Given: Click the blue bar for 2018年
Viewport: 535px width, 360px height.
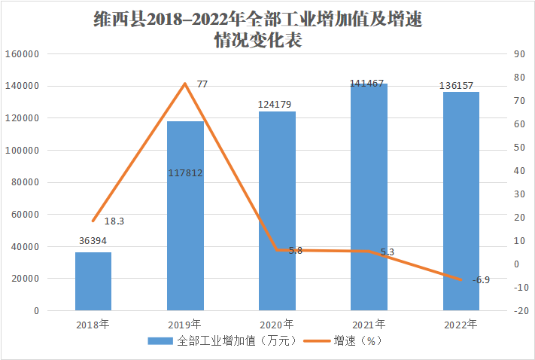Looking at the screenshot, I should click(x=93, y=281).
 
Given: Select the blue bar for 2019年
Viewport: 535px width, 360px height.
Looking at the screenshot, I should click(x=185, y=218).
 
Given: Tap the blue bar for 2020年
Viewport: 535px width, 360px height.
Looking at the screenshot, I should click(x=277, y=211).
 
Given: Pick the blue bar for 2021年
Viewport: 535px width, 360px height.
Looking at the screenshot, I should click(x=369, y=197).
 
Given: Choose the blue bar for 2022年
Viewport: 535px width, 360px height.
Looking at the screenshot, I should click(x=461, y=201).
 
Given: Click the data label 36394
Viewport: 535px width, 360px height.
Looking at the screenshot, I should click(x=93, y=242).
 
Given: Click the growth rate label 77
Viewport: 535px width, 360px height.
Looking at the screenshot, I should click(x=202, y=84).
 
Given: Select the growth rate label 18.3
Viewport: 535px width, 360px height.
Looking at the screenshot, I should click(x=114, y=221).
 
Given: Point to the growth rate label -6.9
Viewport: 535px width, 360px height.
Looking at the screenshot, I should click(x=481, y=280).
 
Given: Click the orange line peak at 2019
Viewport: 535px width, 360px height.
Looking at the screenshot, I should click(x=185, y=83).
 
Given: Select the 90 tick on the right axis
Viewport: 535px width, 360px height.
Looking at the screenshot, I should click(x=517, y=54).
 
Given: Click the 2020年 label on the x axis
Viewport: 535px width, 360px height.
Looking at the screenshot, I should click(x=277, y=325).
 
